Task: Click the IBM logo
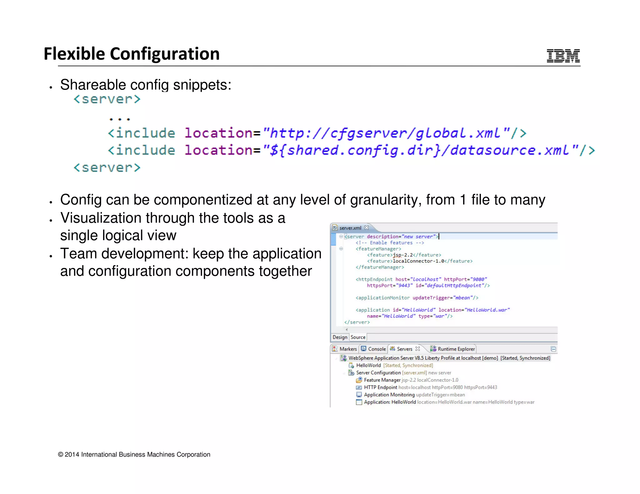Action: click(563, 56)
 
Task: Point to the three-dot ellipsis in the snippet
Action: click(120, 119)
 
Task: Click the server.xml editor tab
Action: click(350, 228)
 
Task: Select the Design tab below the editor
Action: click(340, 337)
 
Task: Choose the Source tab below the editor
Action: click(358, 337)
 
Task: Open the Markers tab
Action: click(348, 349)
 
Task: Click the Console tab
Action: click(377, 349)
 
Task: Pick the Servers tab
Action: click(404, 349)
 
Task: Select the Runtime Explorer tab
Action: click(456, 349)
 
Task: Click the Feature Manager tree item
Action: click(382, 380)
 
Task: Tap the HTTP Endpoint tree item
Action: click(380, 388)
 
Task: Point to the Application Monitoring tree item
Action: click(389, 395)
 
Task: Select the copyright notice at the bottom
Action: click(134, 455)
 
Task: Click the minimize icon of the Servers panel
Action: click(553, 349)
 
